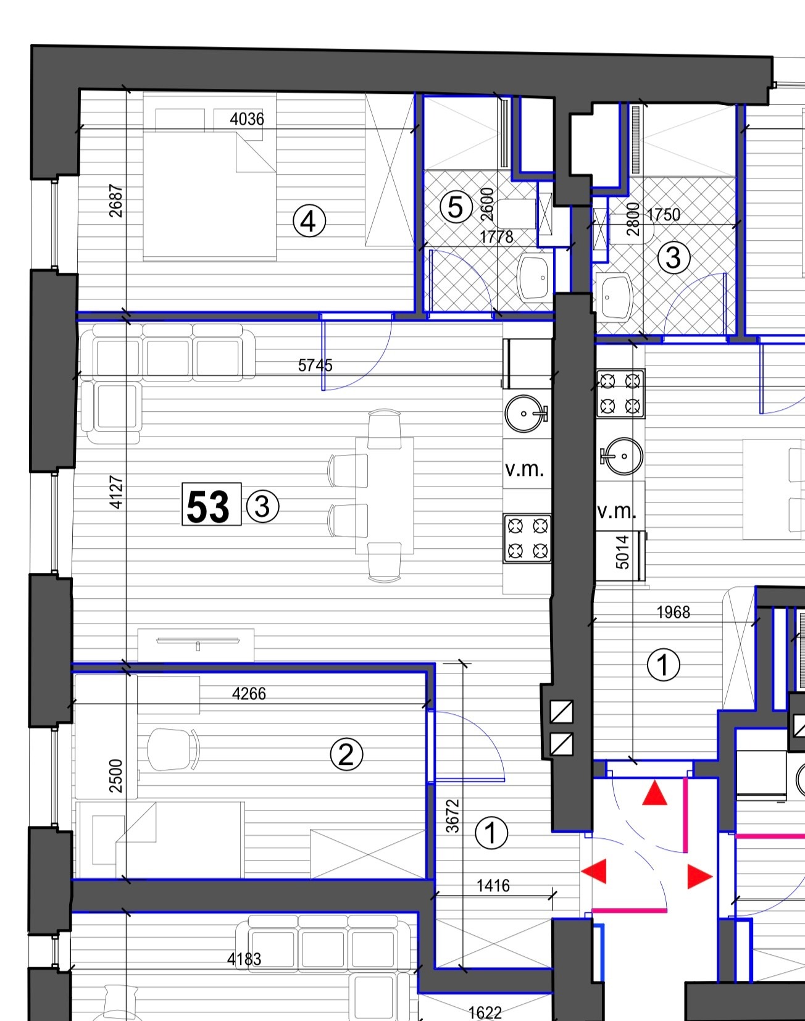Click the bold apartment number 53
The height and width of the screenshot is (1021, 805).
tap(208, 507)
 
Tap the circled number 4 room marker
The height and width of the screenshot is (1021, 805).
tap(309, 221)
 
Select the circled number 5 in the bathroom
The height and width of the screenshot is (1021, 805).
tap(456, 207)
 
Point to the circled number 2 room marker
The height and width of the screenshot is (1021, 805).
tap(346, 754)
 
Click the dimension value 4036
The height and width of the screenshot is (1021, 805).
tap(247, 119)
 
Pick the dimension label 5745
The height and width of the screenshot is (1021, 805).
tap(315, 365)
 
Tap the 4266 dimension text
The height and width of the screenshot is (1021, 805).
tap(249, 694)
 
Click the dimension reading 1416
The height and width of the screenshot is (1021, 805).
tap(493, 886)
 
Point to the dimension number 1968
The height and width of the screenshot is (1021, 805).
tap(673, 612)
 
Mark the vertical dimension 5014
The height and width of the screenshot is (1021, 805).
tap(622, 552)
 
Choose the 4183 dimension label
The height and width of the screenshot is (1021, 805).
tap(244, 959)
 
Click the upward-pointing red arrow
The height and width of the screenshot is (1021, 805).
tap(654, 793)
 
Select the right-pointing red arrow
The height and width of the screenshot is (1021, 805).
tap(700, 877)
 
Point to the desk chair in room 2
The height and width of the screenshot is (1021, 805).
tap(174, 749)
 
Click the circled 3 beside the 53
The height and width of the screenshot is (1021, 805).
tap(262, 507)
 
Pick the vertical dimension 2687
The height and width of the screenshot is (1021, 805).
tap(115, 201)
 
